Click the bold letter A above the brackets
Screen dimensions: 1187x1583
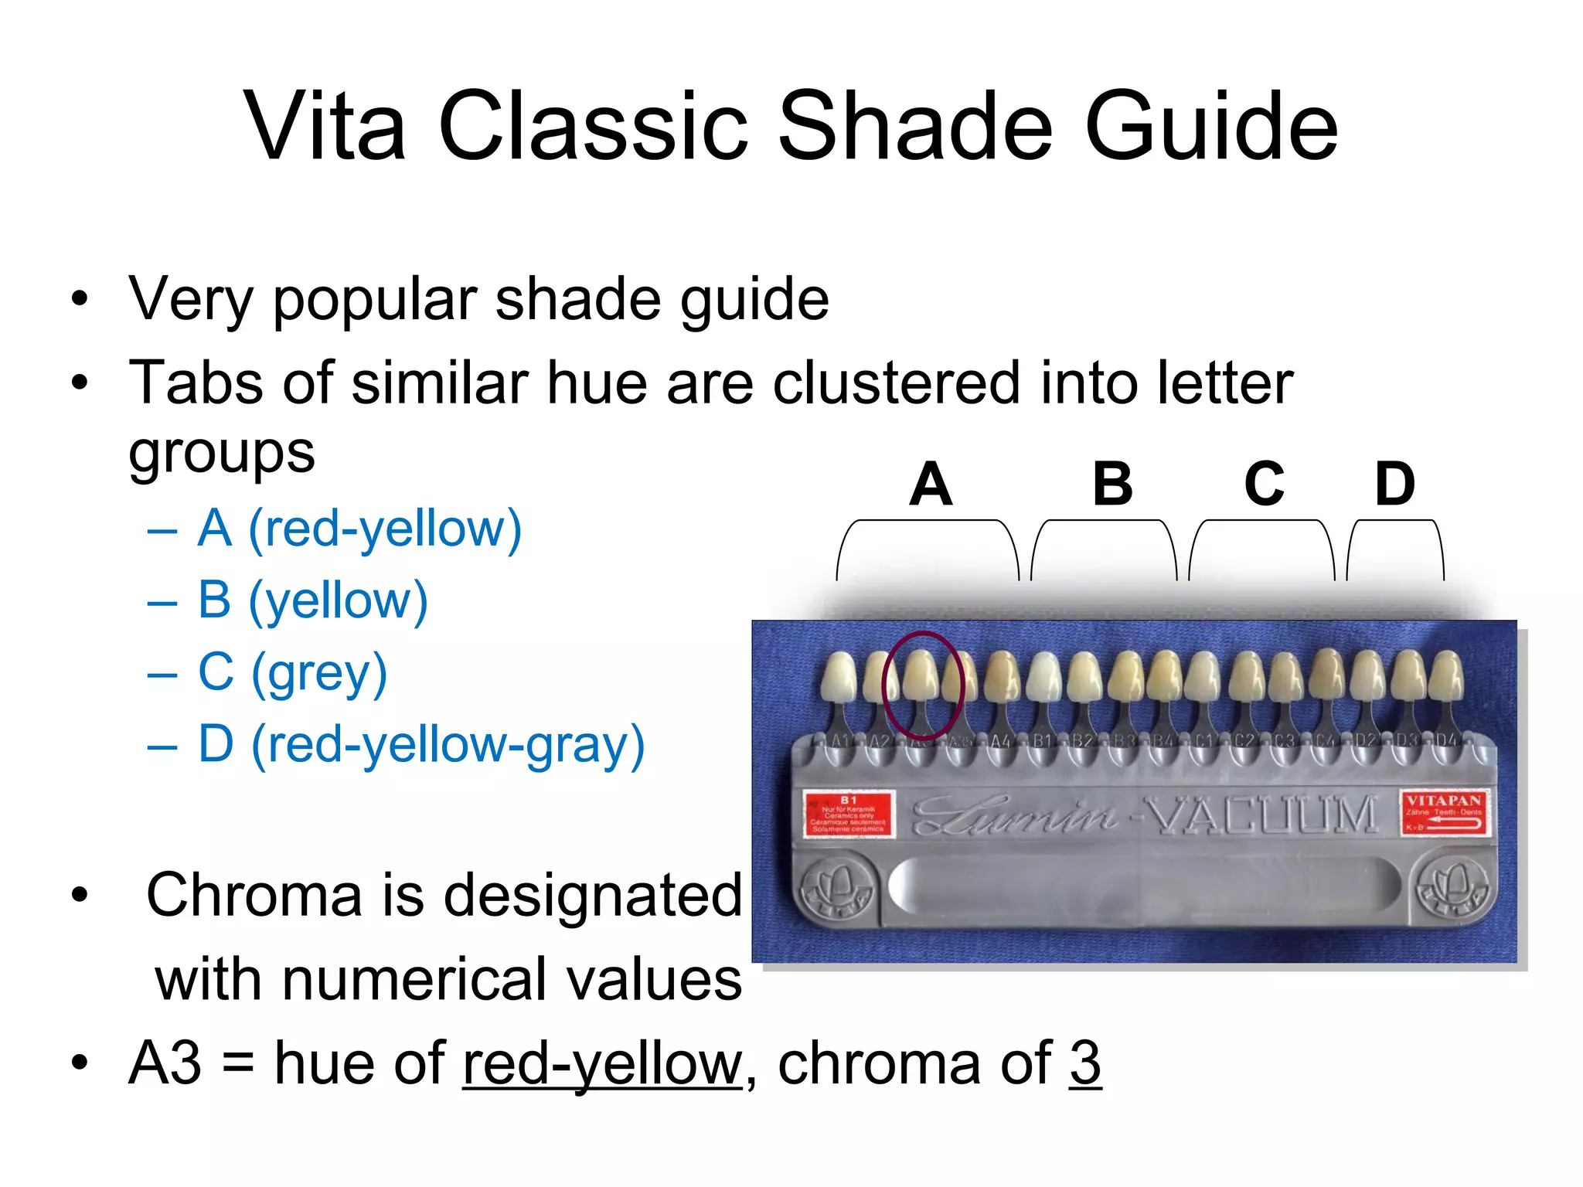930,485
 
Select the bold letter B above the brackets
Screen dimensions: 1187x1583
1112,485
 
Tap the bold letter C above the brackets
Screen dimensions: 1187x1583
1264,485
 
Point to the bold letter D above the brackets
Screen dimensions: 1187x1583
1395,485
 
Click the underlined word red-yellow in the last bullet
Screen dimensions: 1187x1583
602,1063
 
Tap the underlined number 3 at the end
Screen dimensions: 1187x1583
1085,1063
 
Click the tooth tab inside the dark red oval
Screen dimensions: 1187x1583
921,677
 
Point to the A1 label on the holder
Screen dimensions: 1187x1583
840,742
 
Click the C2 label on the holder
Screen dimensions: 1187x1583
1244,742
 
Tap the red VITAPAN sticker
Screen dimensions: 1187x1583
1443,813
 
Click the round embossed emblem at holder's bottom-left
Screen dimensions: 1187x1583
837,886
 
